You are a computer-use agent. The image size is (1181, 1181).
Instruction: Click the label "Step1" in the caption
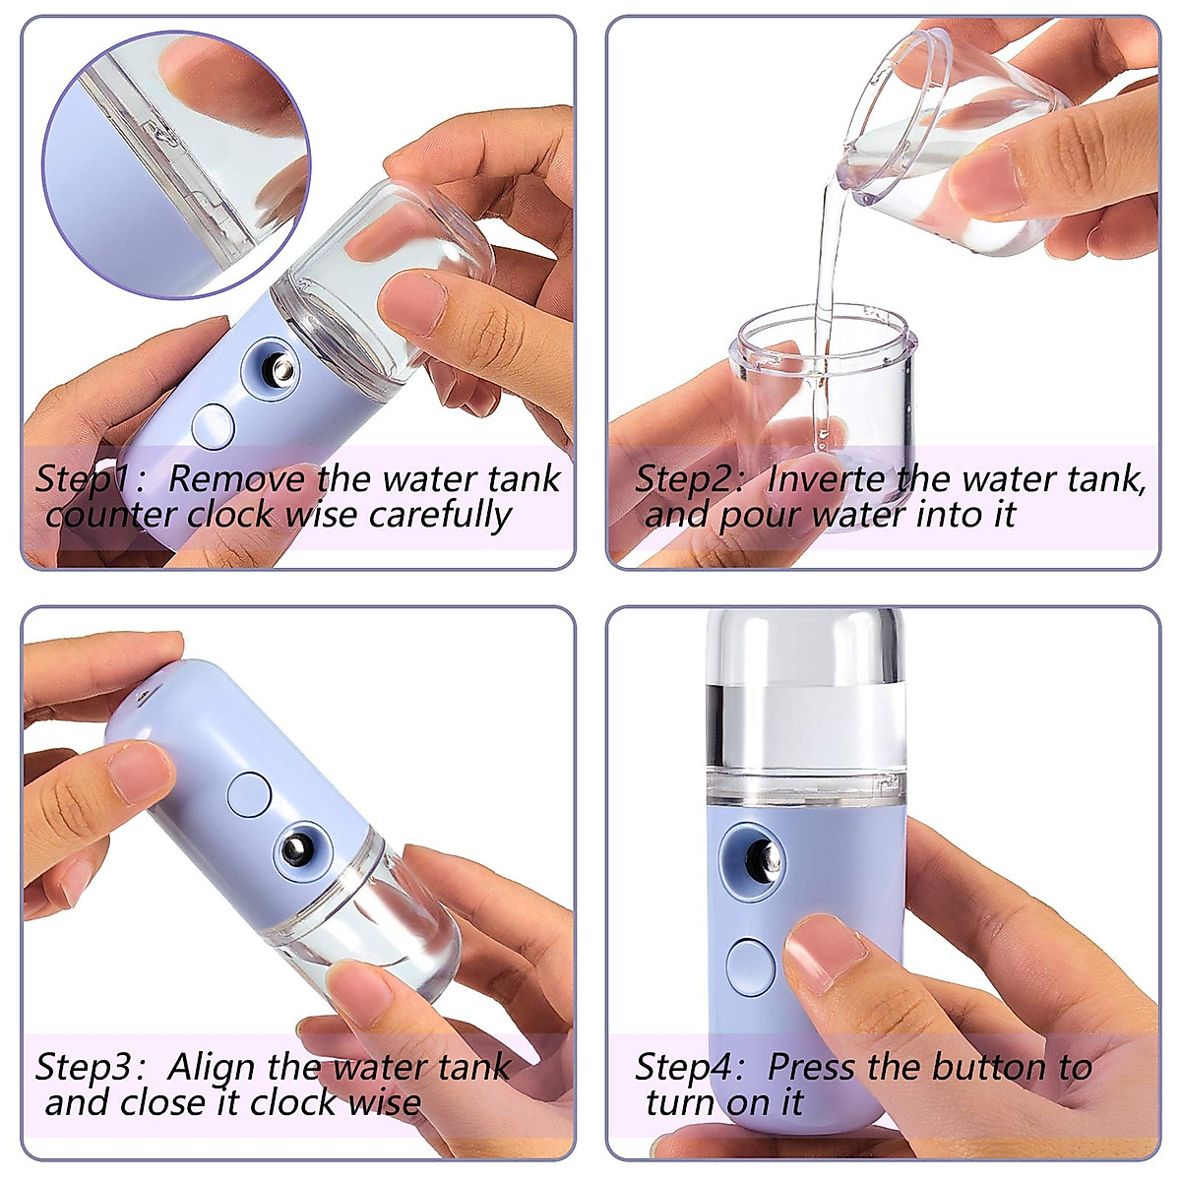coord(83,479)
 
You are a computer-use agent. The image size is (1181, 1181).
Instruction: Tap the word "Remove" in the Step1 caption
coord(236,479)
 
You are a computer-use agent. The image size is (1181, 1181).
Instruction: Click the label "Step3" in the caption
coord(83,1067)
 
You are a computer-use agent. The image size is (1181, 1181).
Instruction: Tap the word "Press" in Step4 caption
coord(813,1067)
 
